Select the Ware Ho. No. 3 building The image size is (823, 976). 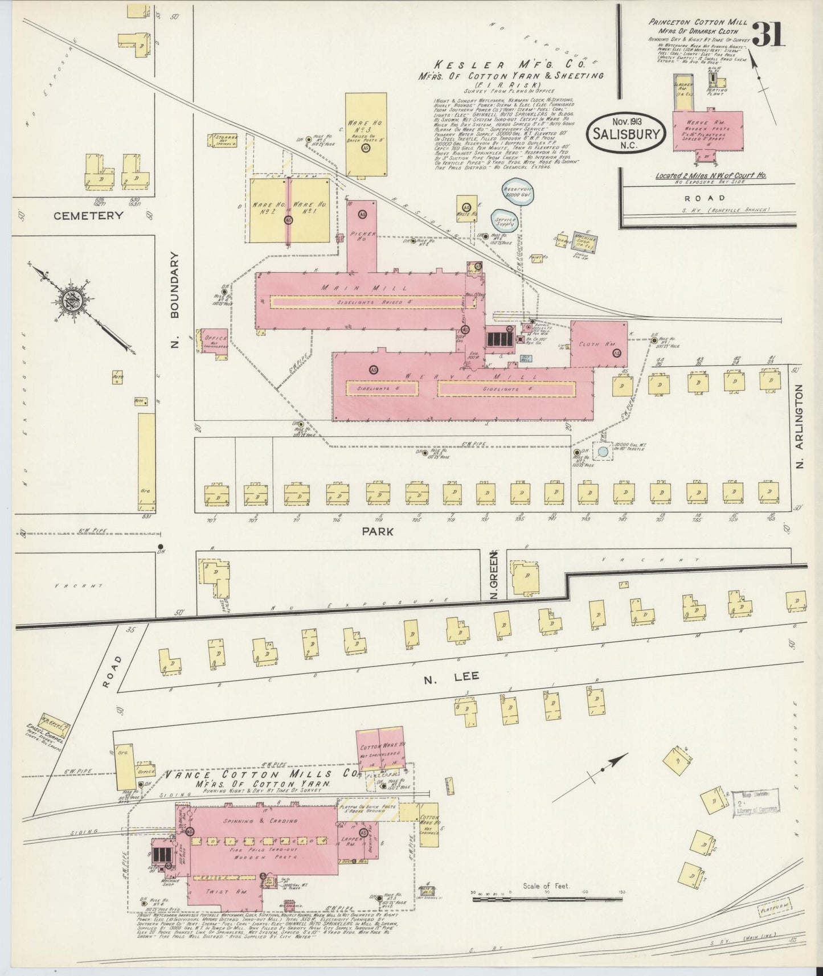(x=366, y=134)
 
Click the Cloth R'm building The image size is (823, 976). (x=599, y=343)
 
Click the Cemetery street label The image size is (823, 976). (x=88, y=215)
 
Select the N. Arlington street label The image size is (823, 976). (x=799, y=427)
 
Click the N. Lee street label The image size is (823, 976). (x=451, y=676)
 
